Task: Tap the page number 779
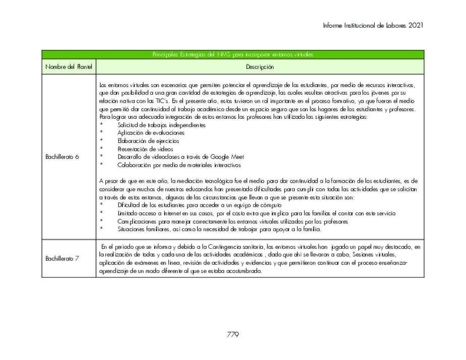click(x=233, y=334)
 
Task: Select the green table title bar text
click(x=233, y=54)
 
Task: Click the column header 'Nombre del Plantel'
click(x=69, y=66)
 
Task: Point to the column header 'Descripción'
click(x=260, y=66)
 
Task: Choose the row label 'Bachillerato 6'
click(x=62, y=157)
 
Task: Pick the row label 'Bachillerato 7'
click(x=62, y=258)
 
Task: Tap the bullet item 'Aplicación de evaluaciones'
click(x=151, y=132)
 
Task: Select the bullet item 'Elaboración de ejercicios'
click(x=148, y=140)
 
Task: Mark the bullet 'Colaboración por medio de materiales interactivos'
click(x=179, y=165)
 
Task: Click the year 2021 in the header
click(x=416, y=25)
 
